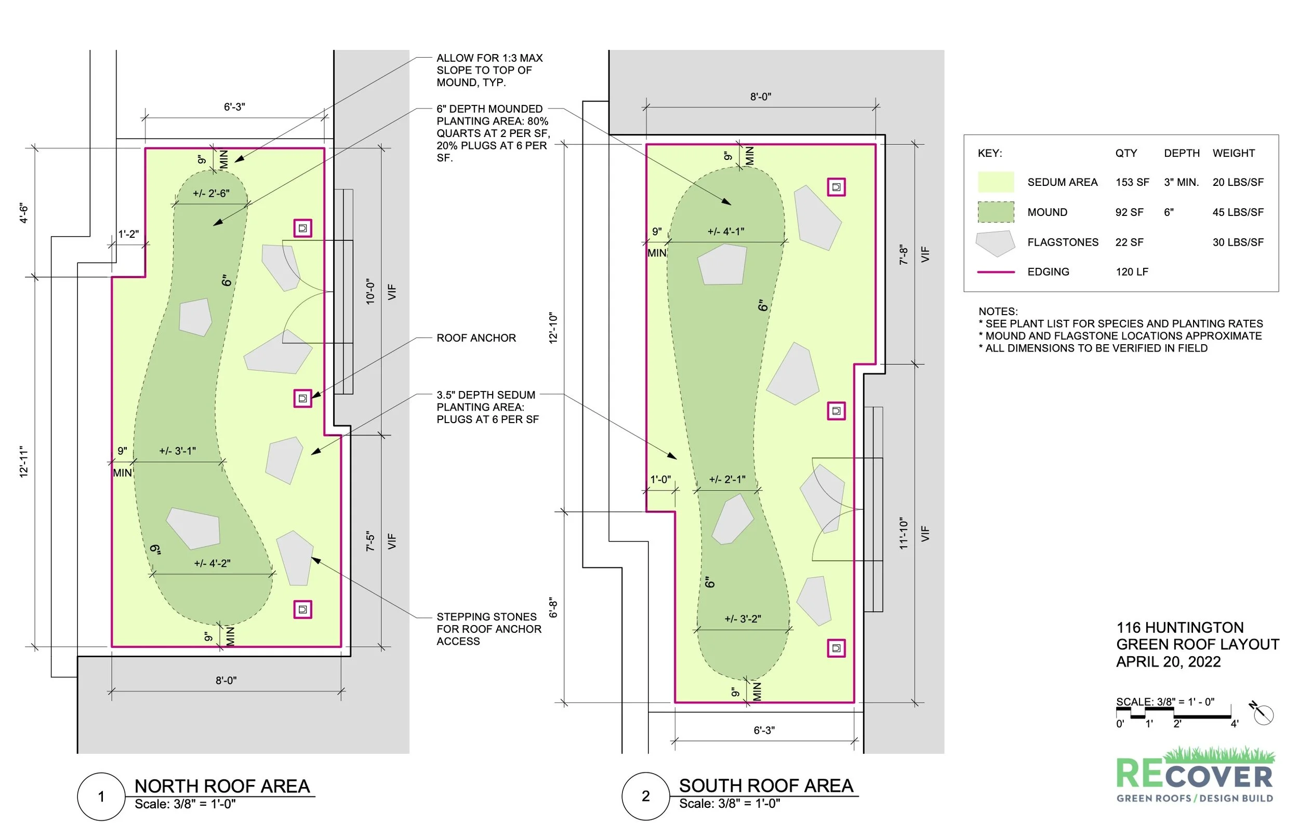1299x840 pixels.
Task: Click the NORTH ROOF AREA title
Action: tap(222, 786)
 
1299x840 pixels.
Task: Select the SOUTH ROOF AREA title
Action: tap(766, 785)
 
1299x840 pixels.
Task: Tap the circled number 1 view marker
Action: tap(101, 797)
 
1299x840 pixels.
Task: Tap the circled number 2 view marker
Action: tap(646, 796)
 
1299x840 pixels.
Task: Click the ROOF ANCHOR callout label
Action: tap(476, 338)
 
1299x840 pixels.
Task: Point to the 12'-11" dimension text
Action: tap(24, 462)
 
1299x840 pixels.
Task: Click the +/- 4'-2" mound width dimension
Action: tap(213, 563)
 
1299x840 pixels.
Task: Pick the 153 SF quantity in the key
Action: tap(1132, 182)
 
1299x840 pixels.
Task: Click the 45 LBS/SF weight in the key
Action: tap(1238, 212)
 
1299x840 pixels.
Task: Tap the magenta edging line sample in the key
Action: tap(996, 272)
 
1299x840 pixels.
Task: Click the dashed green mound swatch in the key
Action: tap(996, 212)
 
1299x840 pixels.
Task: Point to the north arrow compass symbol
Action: tap(1263, 713)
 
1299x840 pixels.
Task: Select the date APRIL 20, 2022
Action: tap(1168, 661)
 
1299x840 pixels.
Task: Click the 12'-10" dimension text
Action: tap(553, 328)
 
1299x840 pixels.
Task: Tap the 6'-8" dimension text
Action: tap(553, 607)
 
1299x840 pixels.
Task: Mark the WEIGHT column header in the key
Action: tap(1234, 153)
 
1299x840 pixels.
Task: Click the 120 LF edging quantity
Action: tap(1132, 272)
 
